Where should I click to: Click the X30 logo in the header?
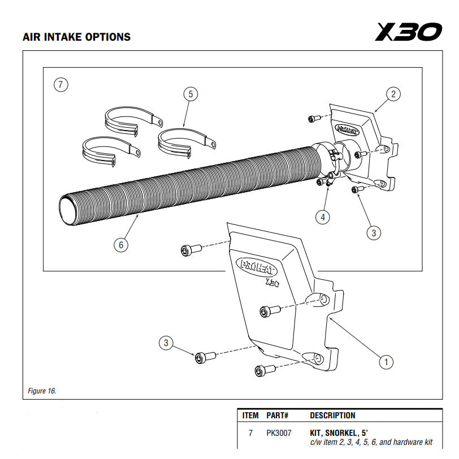coord(408,32)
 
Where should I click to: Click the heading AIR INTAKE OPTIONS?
coord(76,37)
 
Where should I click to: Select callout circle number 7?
coord(61,85)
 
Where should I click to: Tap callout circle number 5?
coord(190,94)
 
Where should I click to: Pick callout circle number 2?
coord(394,94)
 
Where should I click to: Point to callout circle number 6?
coord(120,245)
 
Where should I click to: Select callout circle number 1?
coord(386,361)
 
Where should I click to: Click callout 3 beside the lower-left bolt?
coord(165,343)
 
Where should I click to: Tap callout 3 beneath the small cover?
coord(373,232)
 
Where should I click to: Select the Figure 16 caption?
coord(42,391)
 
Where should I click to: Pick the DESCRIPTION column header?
coord(332,415)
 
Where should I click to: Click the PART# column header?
coord(277,415)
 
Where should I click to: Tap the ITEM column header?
coord(250,415)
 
